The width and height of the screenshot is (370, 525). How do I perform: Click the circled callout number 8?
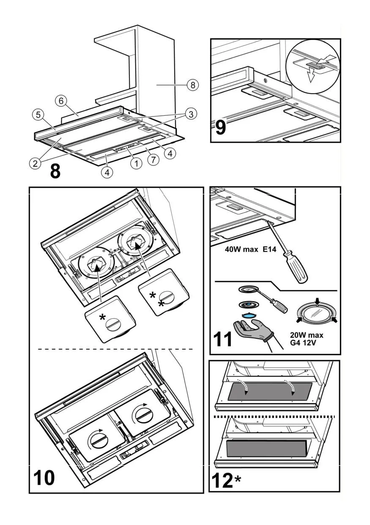point(192,85)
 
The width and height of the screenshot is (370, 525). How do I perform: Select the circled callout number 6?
point(61,101)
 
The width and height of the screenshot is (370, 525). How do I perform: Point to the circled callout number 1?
point(136,163)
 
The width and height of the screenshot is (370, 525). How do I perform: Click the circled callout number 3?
point(191,114)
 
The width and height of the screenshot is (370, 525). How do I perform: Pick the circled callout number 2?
point(35,163)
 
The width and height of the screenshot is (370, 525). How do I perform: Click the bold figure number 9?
point(220,127)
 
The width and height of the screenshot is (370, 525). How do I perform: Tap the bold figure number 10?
point(44,478)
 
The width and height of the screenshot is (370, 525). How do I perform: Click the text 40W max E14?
point(250,250)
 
